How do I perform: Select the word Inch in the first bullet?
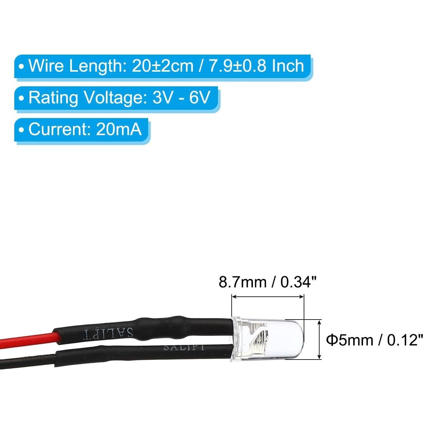tap(288, 66)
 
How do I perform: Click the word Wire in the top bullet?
tap(46, 66)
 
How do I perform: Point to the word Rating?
tap(53, 98)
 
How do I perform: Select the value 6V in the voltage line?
tap(199, 97)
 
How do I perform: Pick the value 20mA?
tap(119, 129)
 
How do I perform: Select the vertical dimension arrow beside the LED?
tap(320, 340)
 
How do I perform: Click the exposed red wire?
tap(29, 340)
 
